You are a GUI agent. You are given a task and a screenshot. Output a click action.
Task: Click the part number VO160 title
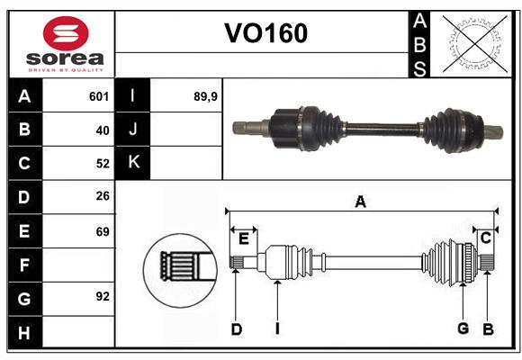(265, 33)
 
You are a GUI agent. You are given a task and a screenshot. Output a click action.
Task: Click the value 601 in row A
(99, 96)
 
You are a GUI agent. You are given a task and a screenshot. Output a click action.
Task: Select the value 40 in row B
(102, 130)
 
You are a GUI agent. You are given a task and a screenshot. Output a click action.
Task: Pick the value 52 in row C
(102, 163)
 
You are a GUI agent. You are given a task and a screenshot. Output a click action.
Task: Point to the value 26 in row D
(102, 196)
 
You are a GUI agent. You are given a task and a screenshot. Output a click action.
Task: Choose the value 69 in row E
(102, 230)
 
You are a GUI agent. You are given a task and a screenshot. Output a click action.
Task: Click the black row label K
(133, 163)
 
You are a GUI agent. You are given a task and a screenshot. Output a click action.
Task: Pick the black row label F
(24, 264)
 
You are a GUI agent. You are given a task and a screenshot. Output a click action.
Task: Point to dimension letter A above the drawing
(360, 202)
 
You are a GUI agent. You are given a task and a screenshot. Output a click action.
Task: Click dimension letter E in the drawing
(243, 238)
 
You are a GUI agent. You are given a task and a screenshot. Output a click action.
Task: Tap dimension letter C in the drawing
(485, 238)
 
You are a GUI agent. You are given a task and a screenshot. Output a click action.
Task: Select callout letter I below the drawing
(278, 328)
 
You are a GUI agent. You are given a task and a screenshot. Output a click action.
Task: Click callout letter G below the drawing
(463, 328)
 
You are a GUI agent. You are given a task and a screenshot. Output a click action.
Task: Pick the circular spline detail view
(179, 267)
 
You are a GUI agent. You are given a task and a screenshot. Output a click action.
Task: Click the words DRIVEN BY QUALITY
(65, 68)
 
